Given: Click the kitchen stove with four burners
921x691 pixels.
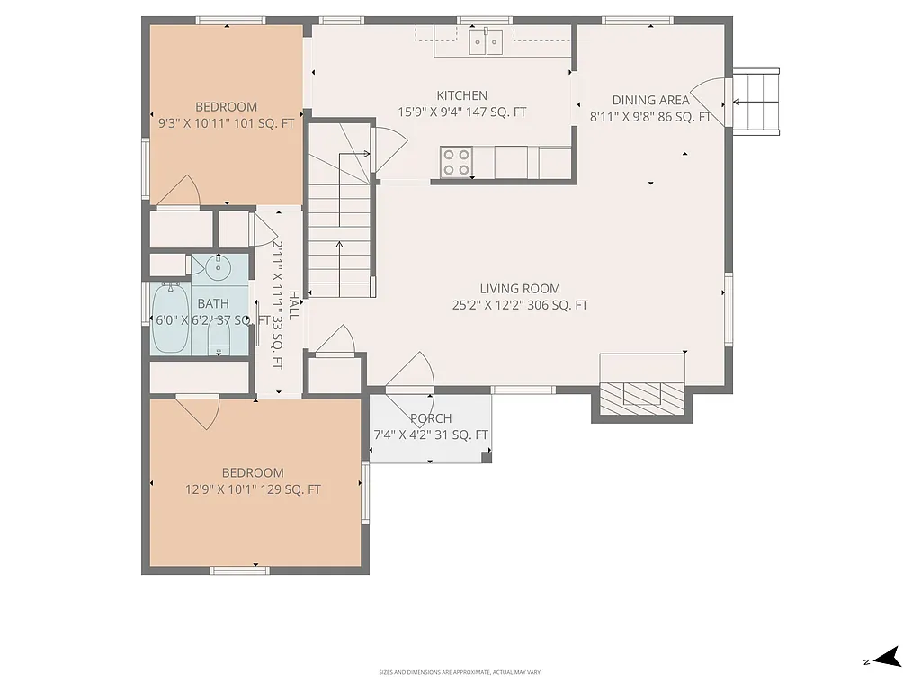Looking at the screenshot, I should (457, 163).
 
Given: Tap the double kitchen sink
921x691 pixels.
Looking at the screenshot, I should (487, 41).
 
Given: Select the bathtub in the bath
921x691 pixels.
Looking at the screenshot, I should (170, 319).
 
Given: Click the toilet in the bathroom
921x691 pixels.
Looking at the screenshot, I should (219, 337).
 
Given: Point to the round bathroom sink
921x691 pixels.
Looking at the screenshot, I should (219, 267).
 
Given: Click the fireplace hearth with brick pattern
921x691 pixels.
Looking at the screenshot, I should (642, 397).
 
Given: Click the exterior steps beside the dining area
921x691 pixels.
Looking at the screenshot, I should (756, 101).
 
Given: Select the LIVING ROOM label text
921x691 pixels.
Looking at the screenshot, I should (520, 289).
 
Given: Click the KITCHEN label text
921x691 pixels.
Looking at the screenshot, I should (462, 95).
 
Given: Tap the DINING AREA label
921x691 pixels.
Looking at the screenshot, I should (650, 100).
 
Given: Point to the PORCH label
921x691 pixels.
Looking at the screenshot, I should (431, 418).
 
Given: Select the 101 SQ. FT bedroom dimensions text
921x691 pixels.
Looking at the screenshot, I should (226, 124).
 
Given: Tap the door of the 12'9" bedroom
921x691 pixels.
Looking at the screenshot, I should (200, 412).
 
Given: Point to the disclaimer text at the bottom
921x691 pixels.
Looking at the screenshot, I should (460, 672).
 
